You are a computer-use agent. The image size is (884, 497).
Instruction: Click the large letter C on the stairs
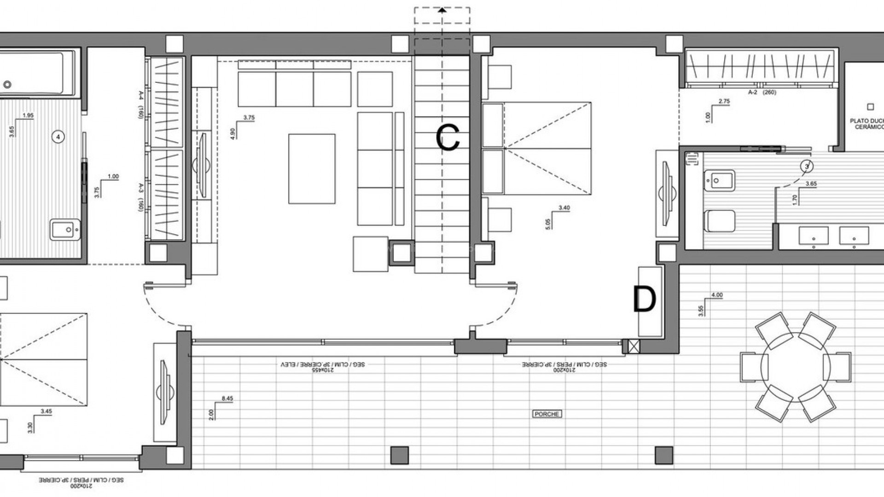(x=448, y=138)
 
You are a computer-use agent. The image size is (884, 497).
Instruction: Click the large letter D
(x=644, y=300)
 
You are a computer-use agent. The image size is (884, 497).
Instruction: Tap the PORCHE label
(x=547, y=414)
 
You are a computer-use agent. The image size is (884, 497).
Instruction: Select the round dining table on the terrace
(x=795, y=367)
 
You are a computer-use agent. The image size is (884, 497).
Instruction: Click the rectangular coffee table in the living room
(x=312, y=169)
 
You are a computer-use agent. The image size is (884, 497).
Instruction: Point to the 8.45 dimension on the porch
(x=227, y=399)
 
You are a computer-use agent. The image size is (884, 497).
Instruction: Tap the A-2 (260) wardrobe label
(x=762, y=92)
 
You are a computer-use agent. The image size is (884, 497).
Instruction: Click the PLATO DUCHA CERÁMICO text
(x=867, y=124)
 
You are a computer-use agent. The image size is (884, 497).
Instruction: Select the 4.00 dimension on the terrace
(x=717, y=295)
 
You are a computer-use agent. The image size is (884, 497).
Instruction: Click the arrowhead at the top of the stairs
(x=442, y=10)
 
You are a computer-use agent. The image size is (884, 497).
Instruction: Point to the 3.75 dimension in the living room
(x=249, y=118)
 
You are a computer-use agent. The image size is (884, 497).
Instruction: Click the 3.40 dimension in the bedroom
(x=564, y=208)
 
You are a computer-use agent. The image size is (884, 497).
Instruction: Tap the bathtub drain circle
(x=7, y=85)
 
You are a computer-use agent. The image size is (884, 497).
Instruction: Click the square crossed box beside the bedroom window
(x=634, y=347)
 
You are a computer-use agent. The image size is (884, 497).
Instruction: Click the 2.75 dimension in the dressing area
(x=724, y=102)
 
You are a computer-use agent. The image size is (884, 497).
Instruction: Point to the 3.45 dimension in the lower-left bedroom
(x=46, y=411)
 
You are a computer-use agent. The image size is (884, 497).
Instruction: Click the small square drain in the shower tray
(x=870, y=107)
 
